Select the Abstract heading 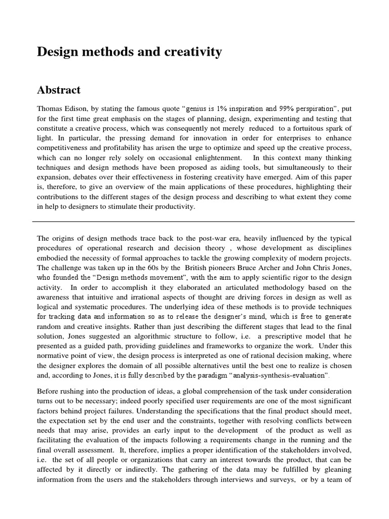click(x=59, y=90)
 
